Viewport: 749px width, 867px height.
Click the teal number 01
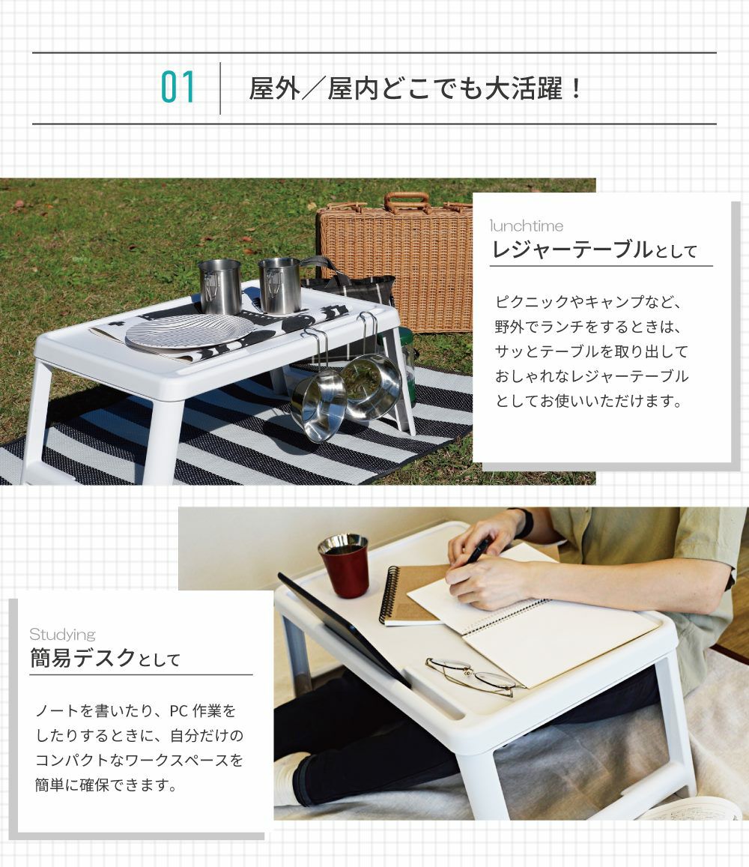tap(178, 88)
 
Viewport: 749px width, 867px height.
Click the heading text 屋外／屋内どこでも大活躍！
tap(416, 88)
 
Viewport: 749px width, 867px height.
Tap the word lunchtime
tap(527, 226)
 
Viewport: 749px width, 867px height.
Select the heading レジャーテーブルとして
tap(595, 250)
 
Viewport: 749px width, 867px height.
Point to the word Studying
tap(62, 634)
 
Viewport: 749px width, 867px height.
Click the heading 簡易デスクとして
tap(105, 658)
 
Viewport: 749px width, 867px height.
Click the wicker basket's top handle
tap(407, 202)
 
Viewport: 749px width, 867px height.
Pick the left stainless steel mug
tap(219, 286)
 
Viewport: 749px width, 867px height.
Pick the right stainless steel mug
tap(279, 285)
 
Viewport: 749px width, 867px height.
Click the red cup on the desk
tap(344, 565)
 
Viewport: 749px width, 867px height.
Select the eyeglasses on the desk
tap(476, 676)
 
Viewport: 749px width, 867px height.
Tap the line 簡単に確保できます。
tap(106, 785)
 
